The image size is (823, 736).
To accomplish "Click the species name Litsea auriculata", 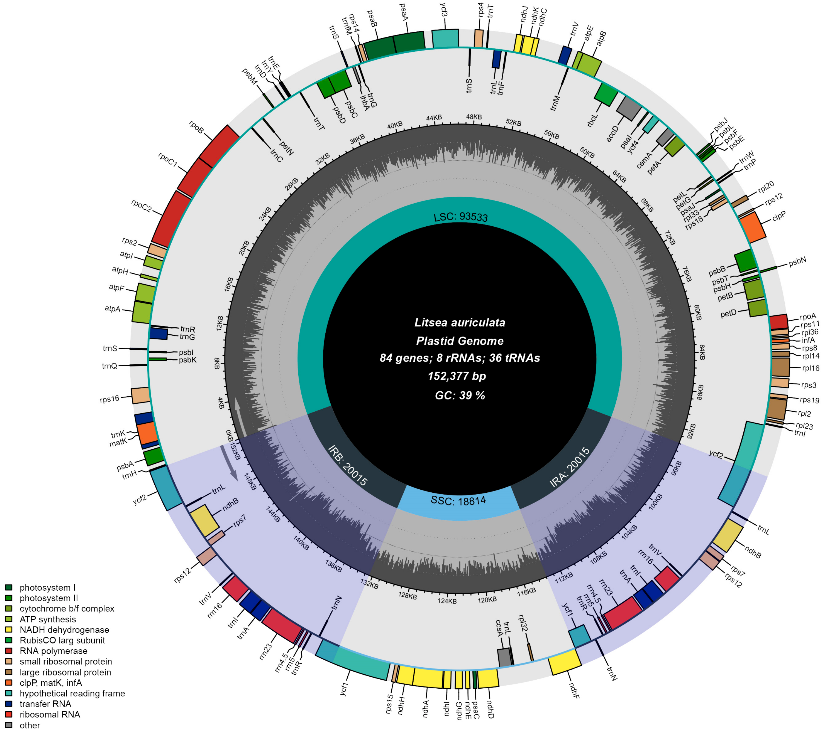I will point(460,322).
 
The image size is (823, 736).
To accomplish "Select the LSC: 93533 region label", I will point(461,217).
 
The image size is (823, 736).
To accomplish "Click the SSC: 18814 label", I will point(458,501).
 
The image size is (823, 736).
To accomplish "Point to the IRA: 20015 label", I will point(570,467).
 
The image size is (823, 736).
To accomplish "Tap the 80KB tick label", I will point(697,313).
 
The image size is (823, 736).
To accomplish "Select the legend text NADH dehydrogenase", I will point(64,630).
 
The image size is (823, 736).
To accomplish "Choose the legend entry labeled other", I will point(30,725).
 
